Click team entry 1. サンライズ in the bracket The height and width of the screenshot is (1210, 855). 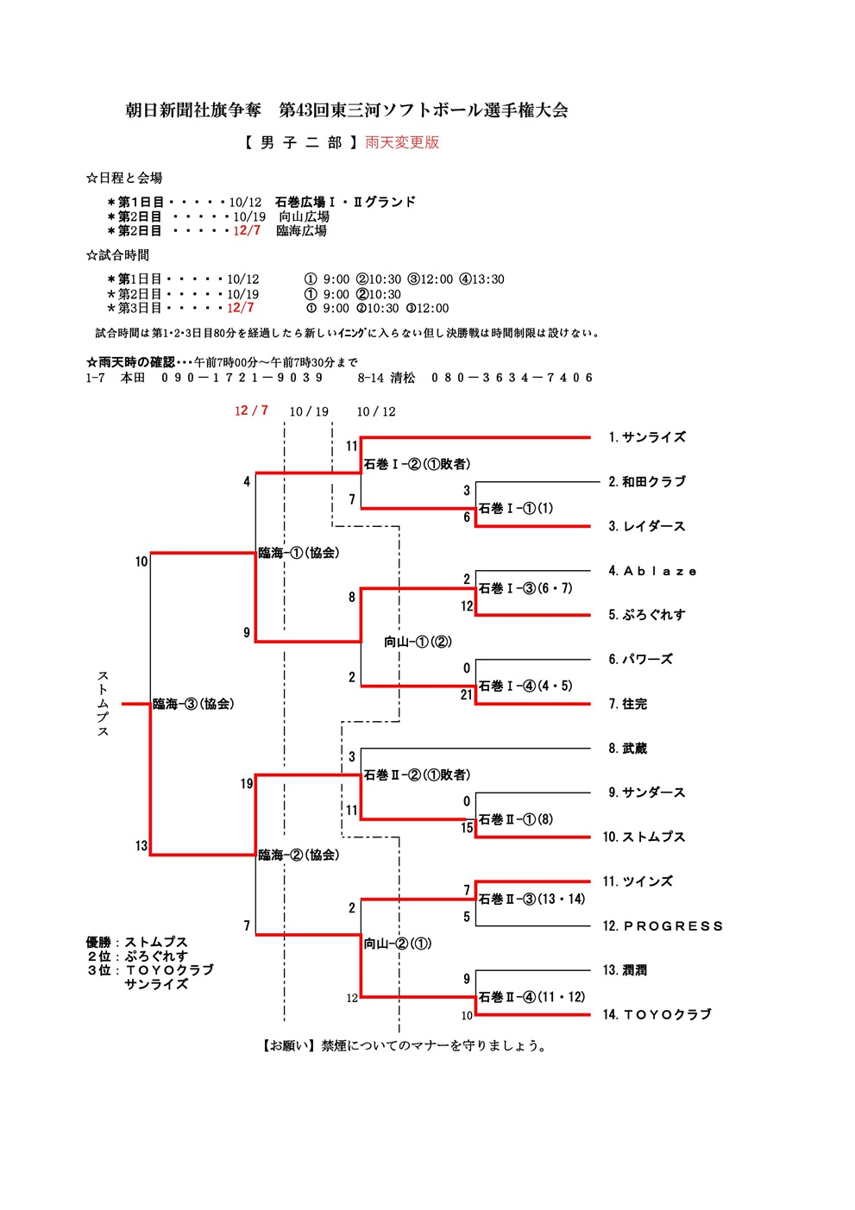[646, 437]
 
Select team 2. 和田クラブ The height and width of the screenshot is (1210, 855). [646, 482]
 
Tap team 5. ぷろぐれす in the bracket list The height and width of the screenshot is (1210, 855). [646, 615]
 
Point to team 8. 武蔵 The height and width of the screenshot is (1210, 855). [627, 749]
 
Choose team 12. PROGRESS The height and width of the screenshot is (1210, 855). [662, 926]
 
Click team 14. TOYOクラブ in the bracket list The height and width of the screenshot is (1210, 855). [657, 1015]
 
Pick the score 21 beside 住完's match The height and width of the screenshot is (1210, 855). [466, 695]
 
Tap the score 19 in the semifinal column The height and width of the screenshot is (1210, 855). [247, 784]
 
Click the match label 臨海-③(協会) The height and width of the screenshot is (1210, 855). [193, 705]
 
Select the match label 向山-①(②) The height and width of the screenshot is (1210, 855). [418, 642]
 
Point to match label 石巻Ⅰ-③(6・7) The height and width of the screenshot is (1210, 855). [525, 588]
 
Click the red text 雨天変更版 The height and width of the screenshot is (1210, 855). [402, 142]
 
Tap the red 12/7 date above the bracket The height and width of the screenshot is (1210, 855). [251, 411]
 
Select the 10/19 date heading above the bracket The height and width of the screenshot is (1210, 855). [309, 411]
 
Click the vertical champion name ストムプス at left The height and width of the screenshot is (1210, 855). [103, 704]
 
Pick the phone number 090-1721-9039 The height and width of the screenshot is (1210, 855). [242, 378]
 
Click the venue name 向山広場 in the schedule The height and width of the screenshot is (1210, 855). [304, 216]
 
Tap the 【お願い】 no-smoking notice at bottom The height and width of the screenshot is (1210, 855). [404, 1046]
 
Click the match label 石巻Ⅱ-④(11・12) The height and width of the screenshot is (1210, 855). [531, 997]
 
